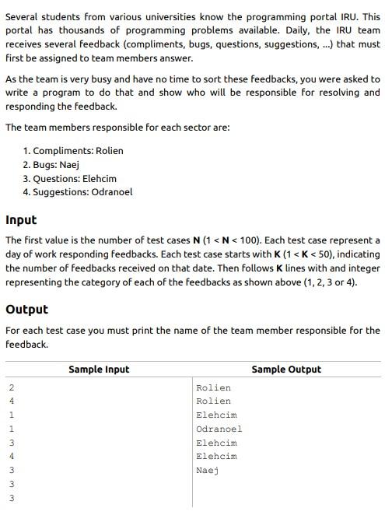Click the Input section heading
pyautogui.click(x=21, y=220)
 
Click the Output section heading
pyautogui.click(x=26, y=310)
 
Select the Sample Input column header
pyautogui.click(x=99, y=370)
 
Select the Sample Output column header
pyautogui.click(x=286, y=370)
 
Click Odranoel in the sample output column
pyautogui.click(x=219, y=429)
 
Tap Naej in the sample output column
pyautogui.click(x=208, y=470)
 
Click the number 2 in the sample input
pyautogui.click(x=12, y=387)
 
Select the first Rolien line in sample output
pyautogui.click(x=214, y=387)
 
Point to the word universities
pyautogui.click(x=156, y=17)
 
